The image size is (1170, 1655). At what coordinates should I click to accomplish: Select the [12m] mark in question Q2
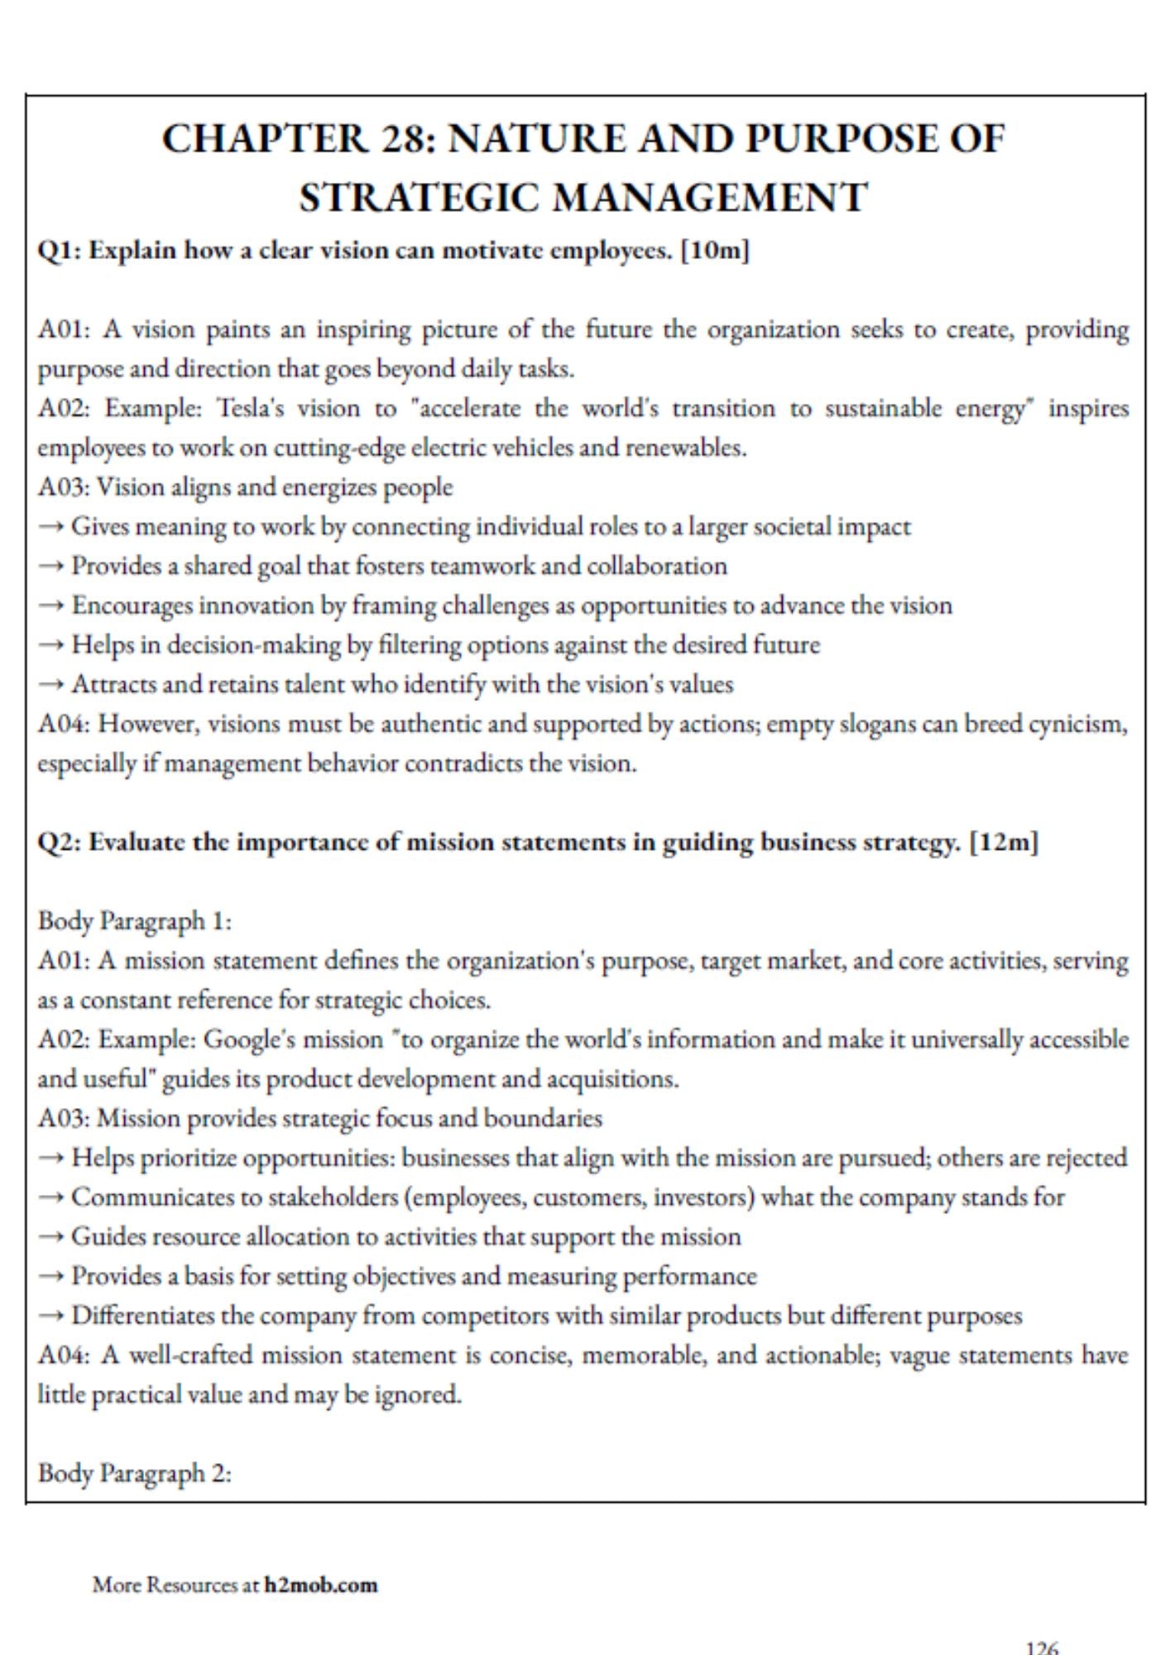tap(1003, 842)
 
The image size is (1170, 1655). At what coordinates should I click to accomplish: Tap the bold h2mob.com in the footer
tap(321, 1585)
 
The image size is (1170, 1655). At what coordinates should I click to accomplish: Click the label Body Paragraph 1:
tap(135, 921)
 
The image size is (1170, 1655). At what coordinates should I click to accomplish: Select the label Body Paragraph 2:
tap(135, 1474)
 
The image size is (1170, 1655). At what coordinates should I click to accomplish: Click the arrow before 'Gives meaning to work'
tap(51, 527)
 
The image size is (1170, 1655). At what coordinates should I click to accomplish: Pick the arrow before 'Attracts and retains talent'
tap(51, 685)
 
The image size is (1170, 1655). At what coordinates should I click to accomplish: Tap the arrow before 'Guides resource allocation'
tap(51, 1237)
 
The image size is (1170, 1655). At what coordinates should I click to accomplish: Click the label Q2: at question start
tap(59, 842)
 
